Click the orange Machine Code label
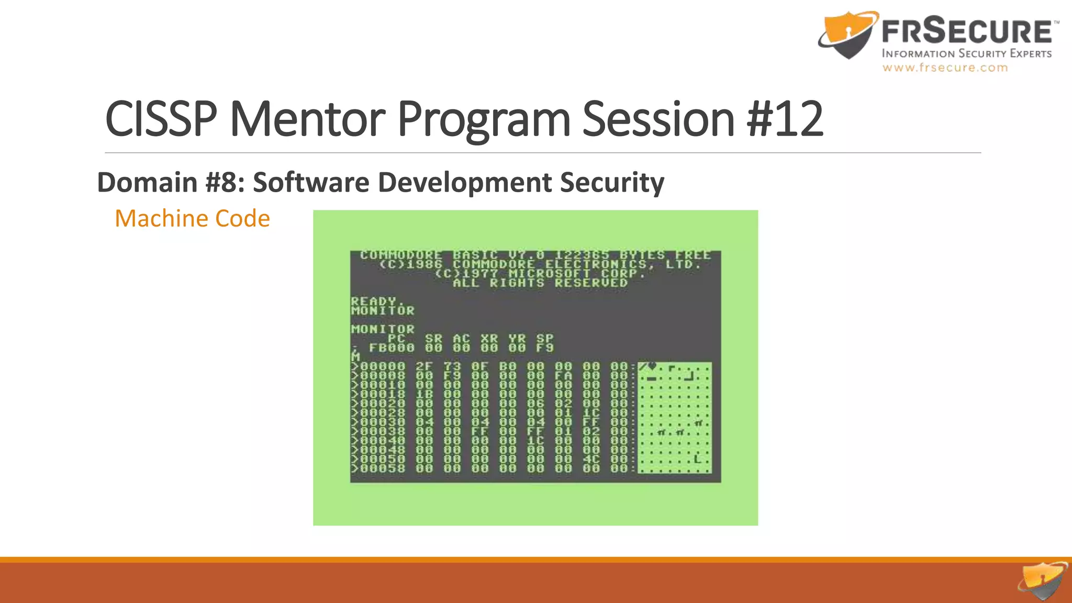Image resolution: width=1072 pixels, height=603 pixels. coord(192,218)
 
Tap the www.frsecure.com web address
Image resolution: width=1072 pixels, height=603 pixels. coord(945,68)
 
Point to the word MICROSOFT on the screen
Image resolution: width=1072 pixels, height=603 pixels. coord(549,273)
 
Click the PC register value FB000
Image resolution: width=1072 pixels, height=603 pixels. coord(392,348)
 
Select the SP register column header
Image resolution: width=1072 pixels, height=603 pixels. coord(544,338)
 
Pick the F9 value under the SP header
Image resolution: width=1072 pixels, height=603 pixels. coord(544,348)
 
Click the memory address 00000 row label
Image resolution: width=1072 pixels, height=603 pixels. coord(383,366)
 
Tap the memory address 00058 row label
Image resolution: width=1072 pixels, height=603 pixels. coord(383,468)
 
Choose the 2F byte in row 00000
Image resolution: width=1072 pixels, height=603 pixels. coord(425,366)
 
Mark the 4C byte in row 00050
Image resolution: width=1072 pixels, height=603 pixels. coord(591,459)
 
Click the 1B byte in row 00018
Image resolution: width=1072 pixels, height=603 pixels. coord(425,394)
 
